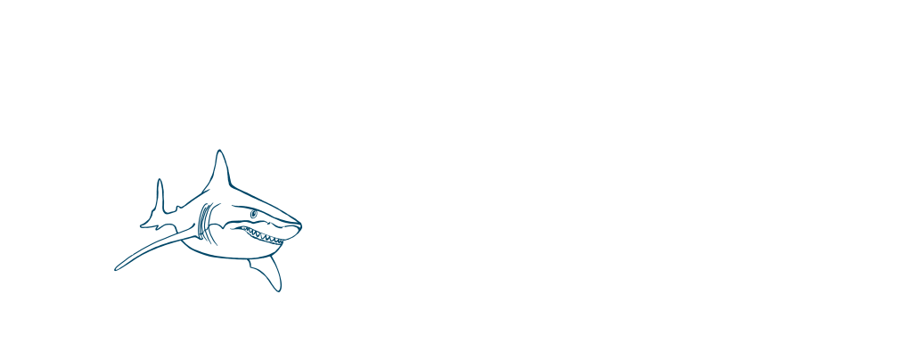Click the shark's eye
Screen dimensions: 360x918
click(x=254, y=215)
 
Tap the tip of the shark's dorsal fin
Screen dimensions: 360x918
click(x=218, y=151)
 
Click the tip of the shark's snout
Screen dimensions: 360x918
click(x=300, y=225)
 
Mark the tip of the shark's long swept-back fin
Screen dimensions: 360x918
click(x=117, y=268)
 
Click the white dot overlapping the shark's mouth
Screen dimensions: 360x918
click(x=284, y=229)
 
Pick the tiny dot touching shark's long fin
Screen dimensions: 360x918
click(x=131, y=253)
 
